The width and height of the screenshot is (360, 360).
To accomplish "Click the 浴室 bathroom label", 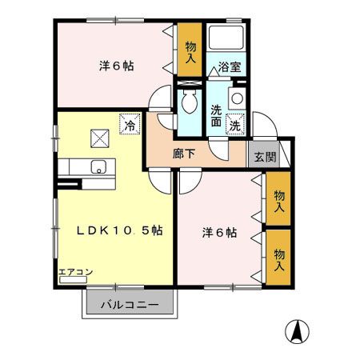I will point(230,68).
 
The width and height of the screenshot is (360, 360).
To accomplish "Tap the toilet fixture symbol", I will point(190,102).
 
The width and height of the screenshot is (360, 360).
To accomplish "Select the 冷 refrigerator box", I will point(129,125).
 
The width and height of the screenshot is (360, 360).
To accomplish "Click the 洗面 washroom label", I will point(217,117).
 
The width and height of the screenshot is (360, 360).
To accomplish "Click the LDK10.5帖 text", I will point(120,230).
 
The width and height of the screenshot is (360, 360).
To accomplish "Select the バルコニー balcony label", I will point(129,306).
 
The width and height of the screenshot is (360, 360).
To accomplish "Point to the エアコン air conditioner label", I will point(75,273).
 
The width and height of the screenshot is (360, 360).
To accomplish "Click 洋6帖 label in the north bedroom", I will point(115,66).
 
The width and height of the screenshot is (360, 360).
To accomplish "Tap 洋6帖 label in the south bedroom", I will point(218,233).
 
